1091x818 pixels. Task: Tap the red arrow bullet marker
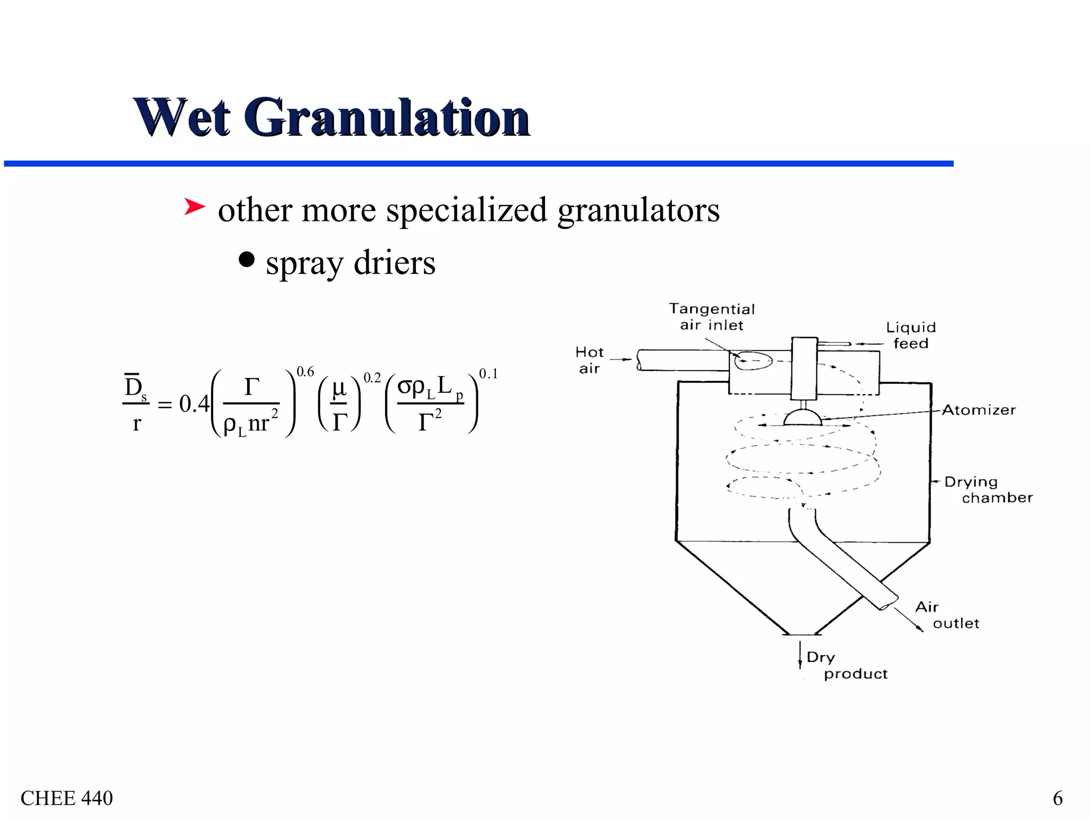(194, 207)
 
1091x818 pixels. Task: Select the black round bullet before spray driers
(247, 260)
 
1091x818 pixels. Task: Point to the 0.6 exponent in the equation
(305, 372)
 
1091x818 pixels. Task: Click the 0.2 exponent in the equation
(372, 378)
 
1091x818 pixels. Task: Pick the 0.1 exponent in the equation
(488, 374)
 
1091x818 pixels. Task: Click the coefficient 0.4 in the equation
(194, 404)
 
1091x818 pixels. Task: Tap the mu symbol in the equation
(339, 388)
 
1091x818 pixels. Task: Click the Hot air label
(589, 360)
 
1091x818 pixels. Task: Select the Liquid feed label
(911, 335)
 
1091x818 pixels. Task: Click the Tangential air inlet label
(712, 317)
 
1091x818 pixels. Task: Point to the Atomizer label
(979, 410)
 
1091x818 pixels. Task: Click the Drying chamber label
(987, 489)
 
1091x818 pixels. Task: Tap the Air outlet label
(946, 615)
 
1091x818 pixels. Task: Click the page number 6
(1057, 798)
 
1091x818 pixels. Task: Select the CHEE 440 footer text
(67, 798)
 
